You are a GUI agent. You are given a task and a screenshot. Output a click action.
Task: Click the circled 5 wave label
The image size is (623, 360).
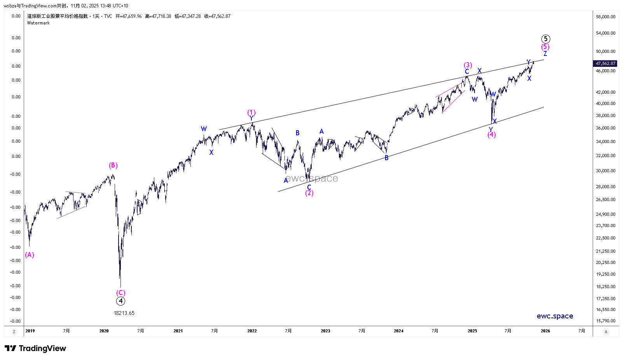click(x=546, y=39)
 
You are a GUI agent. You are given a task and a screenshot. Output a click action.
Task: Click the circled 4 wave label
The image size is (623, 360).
click(x=120, y=301)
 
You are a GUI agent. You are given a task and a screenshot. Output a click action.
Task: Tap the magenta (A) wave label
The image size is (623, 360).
click(x=30, y=255)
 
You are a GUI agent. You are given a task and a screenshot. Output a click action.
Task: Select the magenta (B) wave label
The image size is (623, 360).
click(x=113, y=166)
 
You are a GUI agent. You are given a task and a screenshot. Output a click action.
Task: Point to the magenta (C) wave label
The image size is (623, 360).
click(x=121, y=293)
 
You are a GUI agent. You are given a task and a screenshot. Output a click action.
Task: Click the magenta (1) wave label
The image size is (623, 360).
click(x=251, y=113)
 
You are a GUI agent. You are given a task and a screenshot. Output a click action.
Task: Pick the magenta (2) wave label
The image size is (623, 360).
click(x=309, y=193)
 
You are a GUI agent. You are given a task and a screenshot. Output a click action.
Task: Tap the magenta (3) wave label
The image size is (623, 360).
click(x=468, y=65)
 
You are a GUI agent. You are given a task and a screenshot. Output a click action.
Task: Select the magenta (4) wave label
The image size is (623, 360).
click(x=492, y=135)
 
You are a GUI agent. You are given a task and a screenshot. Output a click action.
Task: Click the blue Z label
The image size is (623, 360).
click(x=545, y=54)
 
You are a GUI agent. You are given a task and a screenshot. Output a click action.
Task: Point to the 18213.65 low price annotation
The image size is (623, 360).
click(x=124, y=313)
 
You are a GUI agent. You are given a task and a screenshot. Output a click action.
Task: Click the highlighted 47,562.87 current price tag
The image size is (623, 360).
click(x=606, y=63)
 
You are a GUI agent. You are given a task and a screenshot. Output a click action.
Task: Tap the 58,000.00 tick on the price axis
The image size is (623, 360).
click(x=606, y=17)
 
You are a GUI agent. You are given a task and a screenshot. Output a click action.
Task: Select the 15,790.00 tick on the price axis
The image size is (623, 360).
click(x=606, y=321)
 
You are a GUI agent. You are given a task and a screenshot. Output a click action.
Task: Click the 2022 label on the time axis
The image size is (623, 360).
click(x=252, y=331)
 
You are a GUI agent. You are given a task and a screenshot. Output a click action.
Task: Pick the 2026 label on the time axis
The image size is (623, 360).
click(x=545, y=331)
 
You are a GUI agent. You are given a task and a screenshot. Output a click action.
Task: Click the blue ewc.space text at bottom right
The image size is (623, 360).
click(x=555, y=316)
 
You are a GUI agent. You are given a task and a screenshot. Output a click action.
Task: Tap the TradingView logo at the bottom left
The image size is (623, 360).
click(x=35, y=348)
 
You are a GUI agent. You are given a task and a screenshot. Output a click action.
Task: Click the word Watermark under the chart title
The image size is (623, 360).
click(x=38, y=23)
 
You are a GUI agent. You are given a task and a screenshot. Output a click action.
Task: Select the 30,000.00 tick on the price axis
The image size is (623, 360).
click(x=606, y=171)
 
